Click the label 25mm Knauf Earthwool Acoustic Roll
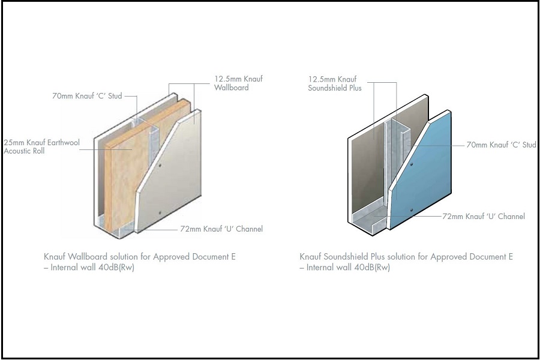tap(41, 147)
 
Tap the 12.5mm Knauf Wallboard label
tap(238, 83)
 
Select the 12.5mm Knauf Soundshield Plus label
tap(335, 84)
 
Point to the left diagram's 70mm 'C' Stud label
tap(87, 96)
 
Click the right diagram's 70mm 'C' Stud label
tap(502, 145)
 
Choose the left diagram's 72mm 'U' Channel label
tap(221, 229)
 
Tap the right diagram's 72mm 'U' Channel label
tap(484, 217)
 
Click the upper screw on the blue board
tap(411, 164)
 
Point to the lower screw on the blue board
tap(411, 210)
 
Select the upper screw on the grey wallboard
tap(160, 166)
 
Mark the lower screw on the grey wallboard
tap(160, 212)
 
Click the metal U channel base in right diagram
tap(369, 220)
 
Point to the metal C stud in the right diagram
tap(400, 152)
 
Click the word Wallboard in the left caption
tap(88, 257)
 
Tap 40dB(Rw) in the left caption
tap(116, 268)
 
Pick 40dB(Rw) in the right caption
tap(372, 268)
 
